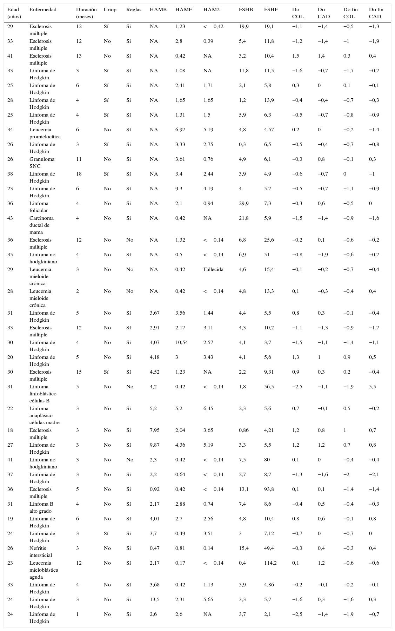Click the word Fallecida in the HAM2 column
tap(213, 269)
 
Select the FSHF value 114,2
tap(270, 563)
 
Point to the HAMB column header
tap(158, 9)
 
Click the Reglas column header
tap(134, 9)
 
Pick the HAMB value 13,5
tap(154, 599)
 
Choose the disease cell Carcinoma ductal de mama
tap(39, 225)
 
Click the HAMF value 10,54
tap(181, 342)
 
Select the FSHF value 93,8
tap(269, 489)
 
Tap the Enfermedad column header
tap(43, 9)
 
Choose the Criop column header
tap(110, 9)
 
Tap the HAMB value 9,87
tap(154, 445)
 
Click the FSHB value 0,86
tap(243, 430)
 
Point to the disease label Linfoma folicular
tap(39, 207)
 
